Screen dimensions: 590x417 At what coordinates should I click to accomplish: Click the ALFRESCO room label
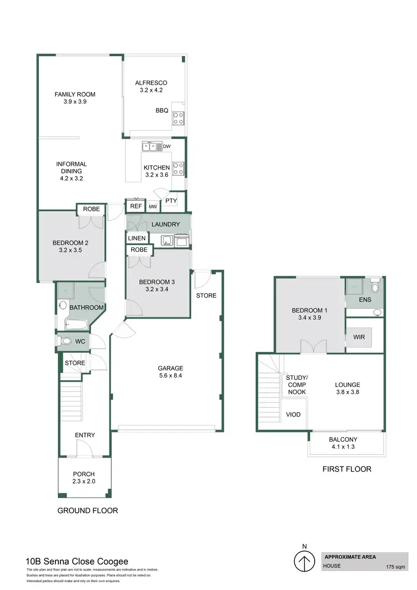pyautogui.click(x=151, y=83)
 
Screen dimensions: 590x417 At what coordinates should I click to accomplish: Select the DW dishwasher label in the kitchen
pyautogui.click(x=167, y=147)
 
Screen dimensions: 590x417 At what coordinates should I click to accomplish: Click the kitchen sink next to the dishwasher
pyautogui.click(x=150, y=147)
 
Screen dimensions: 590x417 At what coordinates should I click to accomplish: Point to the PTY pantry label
pyautogui.click(x=171, y=201)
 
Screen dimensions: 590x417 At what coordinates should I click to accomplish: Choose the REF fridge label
pyautogui.click(x=136, y=206)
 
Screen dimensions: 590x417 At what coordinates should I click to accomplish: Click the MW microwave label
pyautogui.click(x=153, y=206)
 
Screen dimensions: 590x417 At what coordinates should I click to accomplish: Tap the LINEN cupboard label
pyautogui.click(x=137, y=238)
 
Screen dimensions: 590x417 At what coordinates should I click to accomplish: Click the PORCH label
pyautogui.click(x=83, y=474)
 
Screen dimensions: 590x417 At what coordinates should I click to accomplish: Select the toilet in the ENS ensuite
pyautogui.click(x=376, y=287)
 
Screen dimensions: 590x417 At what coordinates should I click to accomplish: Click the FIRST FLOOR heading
pyautogui.click(x=347, y=469)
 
